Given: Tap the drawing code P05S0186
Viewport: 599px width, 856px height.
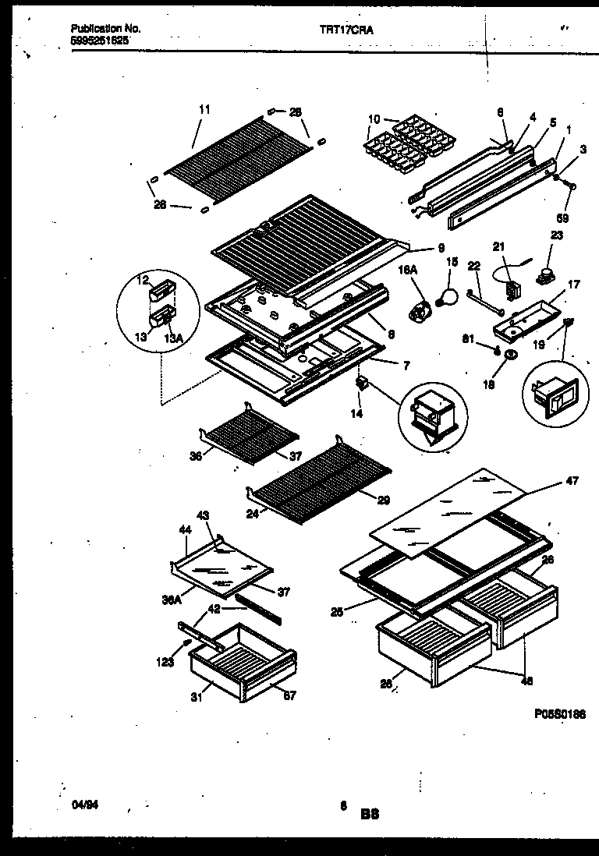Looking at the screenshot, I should click(x=559, y=713).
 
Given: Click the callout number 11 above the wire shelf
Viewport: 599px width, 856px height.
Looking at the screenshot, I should click(x=204, y=110).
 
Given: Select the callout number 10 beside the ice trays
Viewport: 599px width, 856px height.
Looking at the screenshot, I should click(x=374, y=119).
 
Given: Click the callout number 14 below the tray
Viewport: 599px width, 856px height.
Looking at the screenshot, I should click(x=356, y=414).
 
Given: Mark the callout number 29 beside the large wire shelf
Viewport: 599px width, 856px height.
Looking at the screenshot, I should click(x=383, y=499).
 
